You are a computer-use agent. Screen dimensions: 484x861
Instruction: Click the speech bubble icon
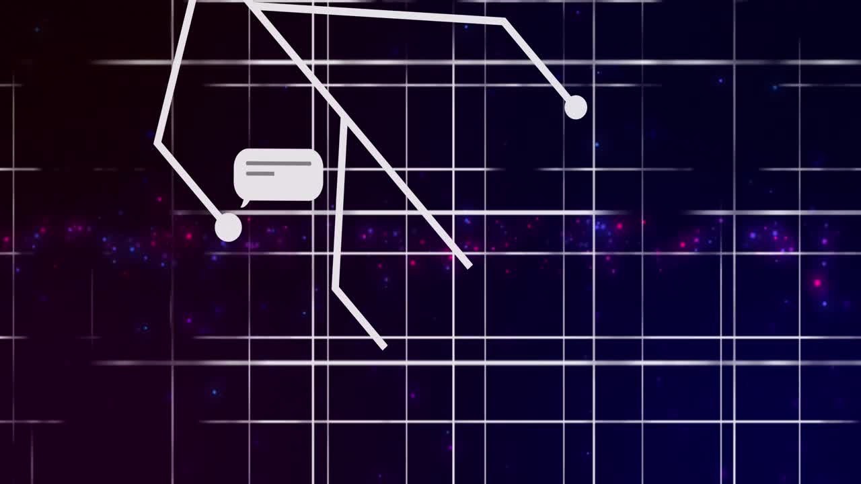coord(278,175)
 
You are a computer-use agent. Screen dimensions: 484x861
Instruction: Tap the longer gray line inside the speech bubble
coord(278,163)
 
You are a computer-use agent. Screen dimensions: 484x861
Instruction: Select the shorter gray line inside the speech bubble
coord(260,173)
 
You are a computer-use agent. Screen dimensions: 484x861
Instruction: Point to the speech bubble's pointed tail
coord(244,203)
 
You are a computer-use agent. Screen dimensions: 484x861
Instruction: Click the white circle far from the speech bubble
coord(575,108)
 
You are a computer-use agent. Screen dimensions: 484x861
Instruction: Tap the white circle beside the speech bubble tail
coord(228,228)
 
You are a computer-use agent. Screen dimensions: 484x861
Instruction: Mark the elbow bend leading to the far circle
coord(502,22)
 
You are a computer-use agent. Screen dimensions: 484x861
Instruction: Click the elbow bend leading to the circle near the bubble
coord(157,143)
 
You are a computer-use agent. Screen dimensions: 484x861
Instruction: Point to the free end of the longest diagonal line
coord(469,266)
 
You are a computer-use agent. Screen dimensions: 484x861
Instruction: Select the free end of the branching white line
coord(384,347)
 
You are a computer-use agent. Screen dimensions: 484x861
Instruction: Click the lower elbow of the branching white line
coord(335,289)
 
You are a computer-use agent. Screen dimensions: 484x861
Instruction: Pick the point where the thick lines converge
coord(248,3)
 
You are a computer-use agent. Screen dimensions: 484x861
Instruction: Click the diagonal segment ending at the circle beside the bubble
coord(192,185)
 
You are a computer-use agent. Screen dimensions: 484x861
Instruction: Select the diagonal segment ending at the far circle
coord(538,64)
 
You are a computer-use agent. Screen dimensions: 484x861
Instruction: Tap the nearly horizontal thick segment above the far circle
coord(377,13)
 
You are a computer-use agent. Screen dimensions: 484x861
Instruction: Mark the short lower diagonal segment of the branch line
coord(359,318)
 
